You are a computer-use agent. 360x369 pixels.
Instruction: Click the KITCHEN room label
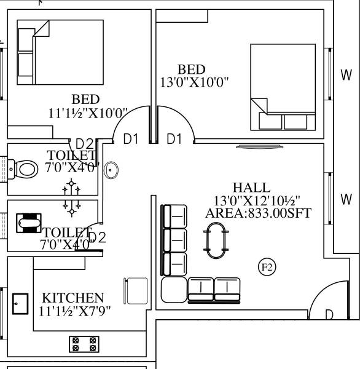(73, 298)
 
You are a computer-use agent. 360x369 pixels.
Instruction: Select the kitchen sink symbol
(20, 304)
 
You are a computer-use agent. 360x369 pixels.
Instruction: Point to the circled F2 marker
(267, 267)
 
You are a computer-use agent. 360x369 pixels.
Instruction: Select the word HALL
(251, 188)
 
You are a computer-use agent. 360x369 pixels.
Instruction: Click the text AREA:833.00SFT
(259, 213)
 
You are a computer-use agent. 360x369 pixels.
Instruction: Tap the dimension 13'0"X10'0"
(194, 83)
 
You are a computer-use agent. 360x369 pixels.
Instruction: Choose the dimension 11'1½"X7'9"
(75, 311)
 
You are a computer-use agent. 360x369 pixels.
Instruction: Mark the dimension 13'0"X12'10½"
(257, 200)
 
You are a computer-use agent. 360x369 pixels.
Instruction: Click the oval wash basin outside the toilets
(111, 170)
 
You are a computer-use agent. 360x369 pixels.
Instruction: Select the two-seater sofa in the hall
(215, 290)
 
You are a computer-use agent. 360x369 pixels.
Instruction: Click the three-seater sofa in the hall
(174, 240)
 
